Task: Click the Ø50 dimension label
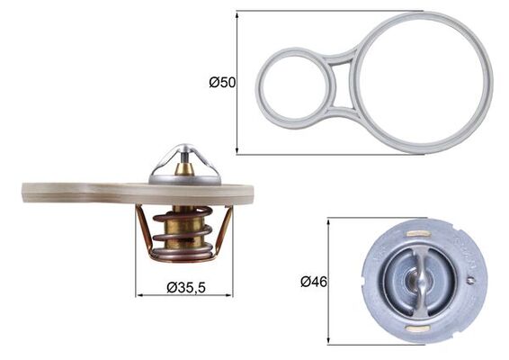[221, 83]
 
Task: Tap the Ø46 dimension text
[314, 282]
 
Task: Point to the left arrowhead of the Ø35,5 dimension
[138, 294]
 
